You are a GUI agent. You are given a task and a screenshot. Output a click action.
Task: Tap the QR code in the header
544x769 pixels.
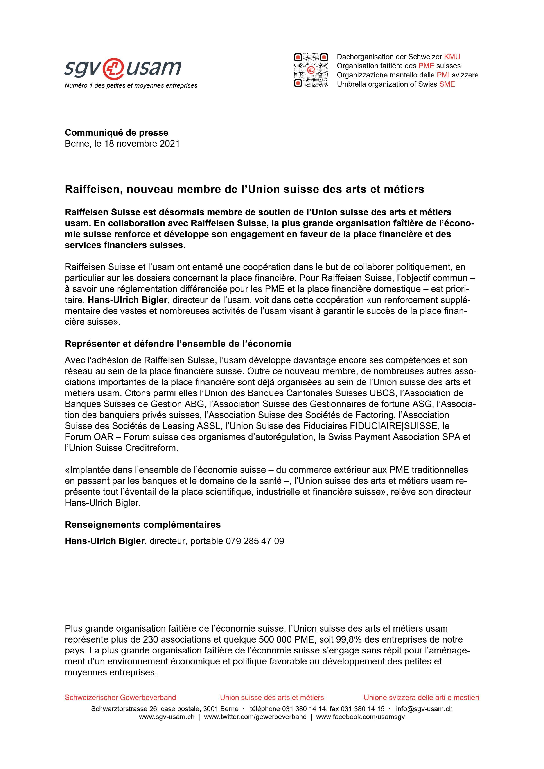coord(311,70)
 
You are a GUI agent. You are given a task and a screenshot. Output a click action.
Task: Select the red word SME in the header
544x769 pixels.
coord(447,84)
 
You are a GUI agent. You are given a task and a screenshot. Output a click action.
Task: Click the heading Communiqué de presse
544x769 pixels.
coord(116,133)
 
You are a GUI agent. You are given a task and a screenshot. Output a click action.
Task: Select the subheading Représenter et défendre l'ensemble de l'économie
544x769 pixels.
coord(178,344)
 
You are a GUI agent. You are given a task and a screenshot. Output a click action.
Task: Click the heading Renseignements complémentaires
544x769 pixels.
coord(142,525)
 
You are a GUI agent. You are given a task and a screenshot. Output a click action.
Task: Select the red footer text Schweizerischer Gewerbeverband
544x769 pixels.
coord(120,697)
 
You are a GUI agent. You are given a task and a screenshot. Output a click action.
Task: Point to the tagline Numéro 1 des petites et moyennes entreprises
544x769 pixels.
coord(131,86)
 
